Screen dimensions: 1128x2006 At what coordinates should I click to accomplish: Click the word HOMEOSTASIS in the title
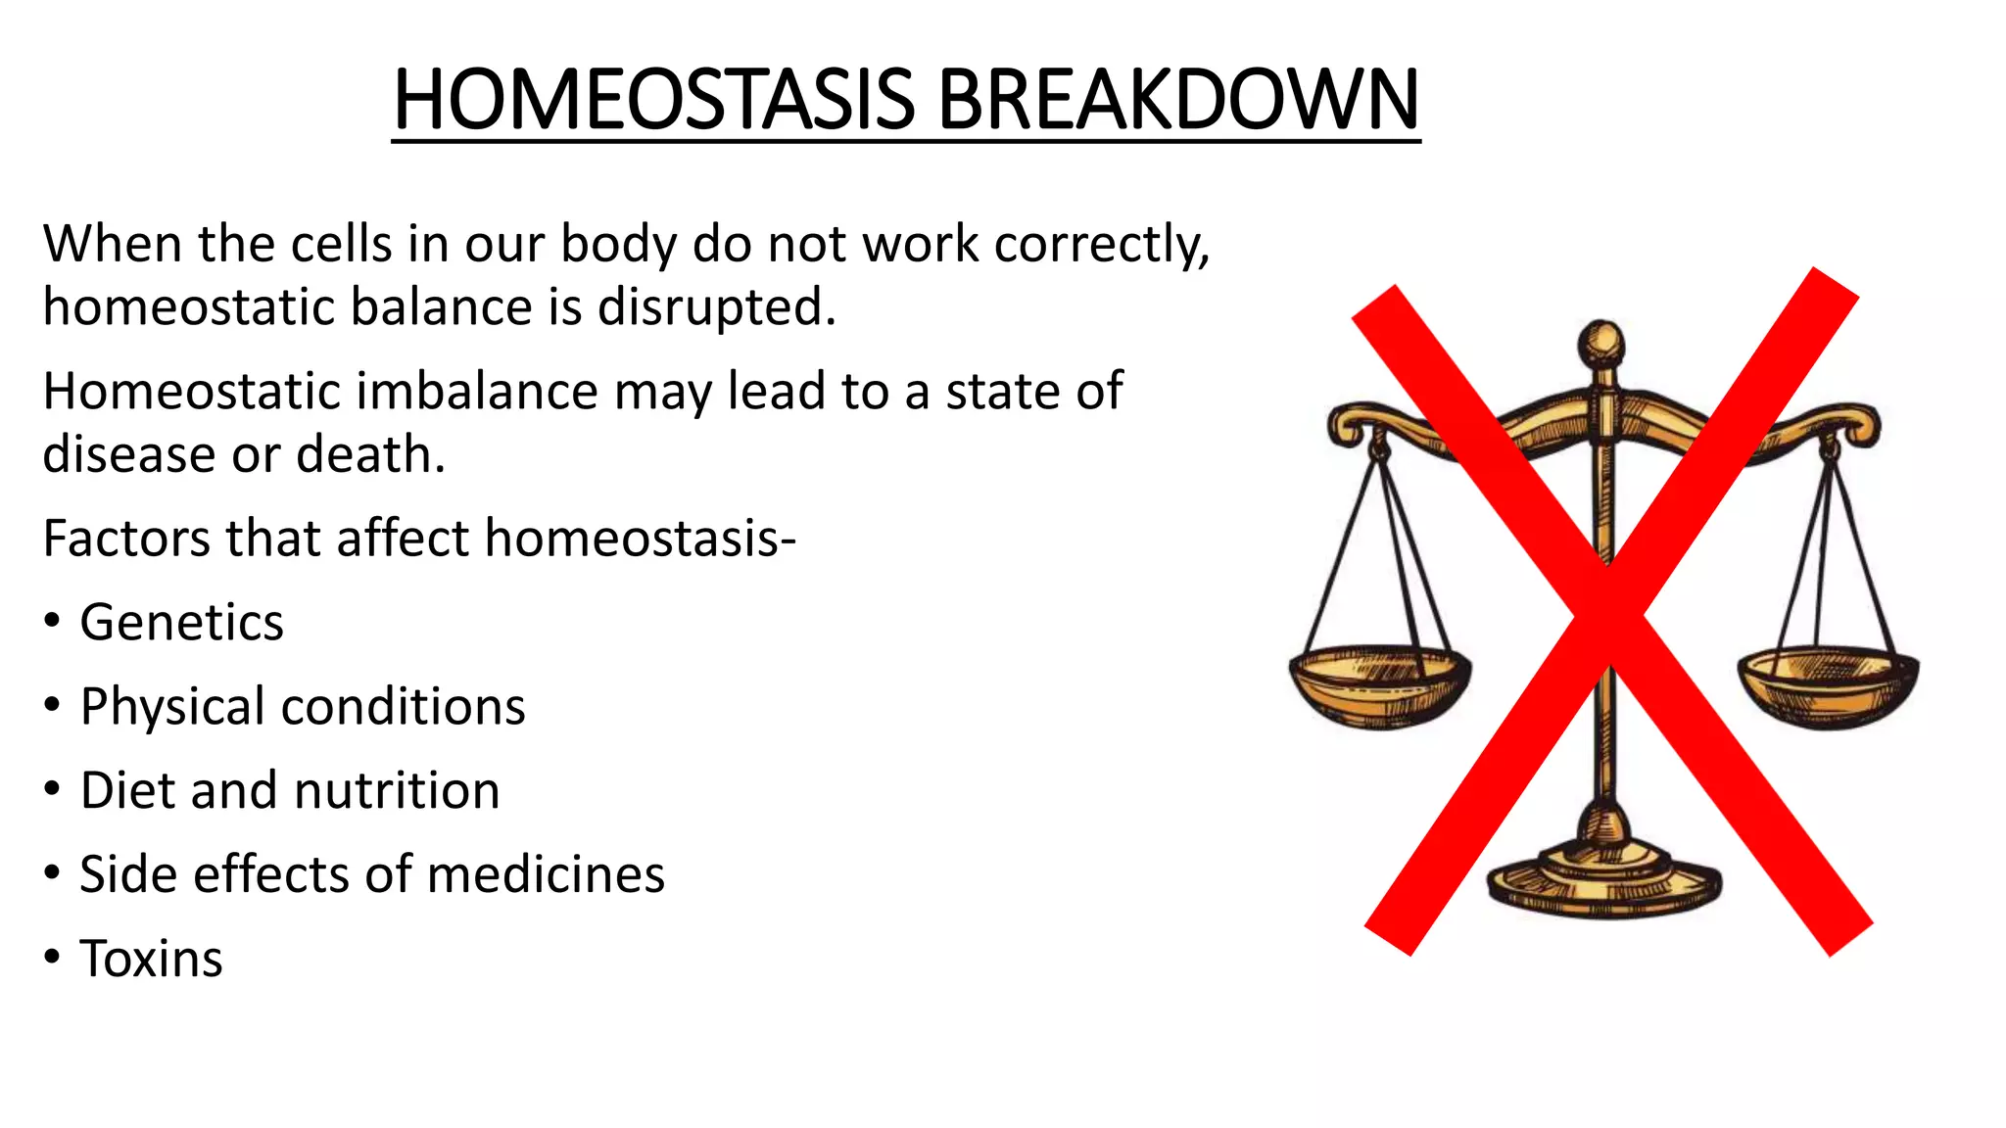[653, 100]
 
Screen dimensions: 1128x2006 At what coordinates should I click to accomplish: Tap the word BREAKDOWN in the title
[1178, 100]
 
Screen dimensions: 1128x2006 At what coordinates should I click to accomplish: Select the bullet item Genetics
[181, 622]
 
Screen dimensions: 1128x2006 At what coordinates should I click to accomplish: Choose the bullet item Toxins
[151, 959]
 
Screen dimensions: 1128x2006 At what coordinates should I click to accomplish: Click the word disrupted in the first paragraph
[716, 306]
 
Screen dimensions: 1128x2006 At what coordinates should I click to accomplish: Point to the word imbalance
[476, 392]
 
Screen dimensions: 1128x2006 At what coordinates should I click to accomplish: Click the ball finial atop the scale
[1601, 345]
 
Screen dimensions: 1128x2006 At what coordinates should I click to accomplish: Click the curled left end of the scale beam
[1349, 425]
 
